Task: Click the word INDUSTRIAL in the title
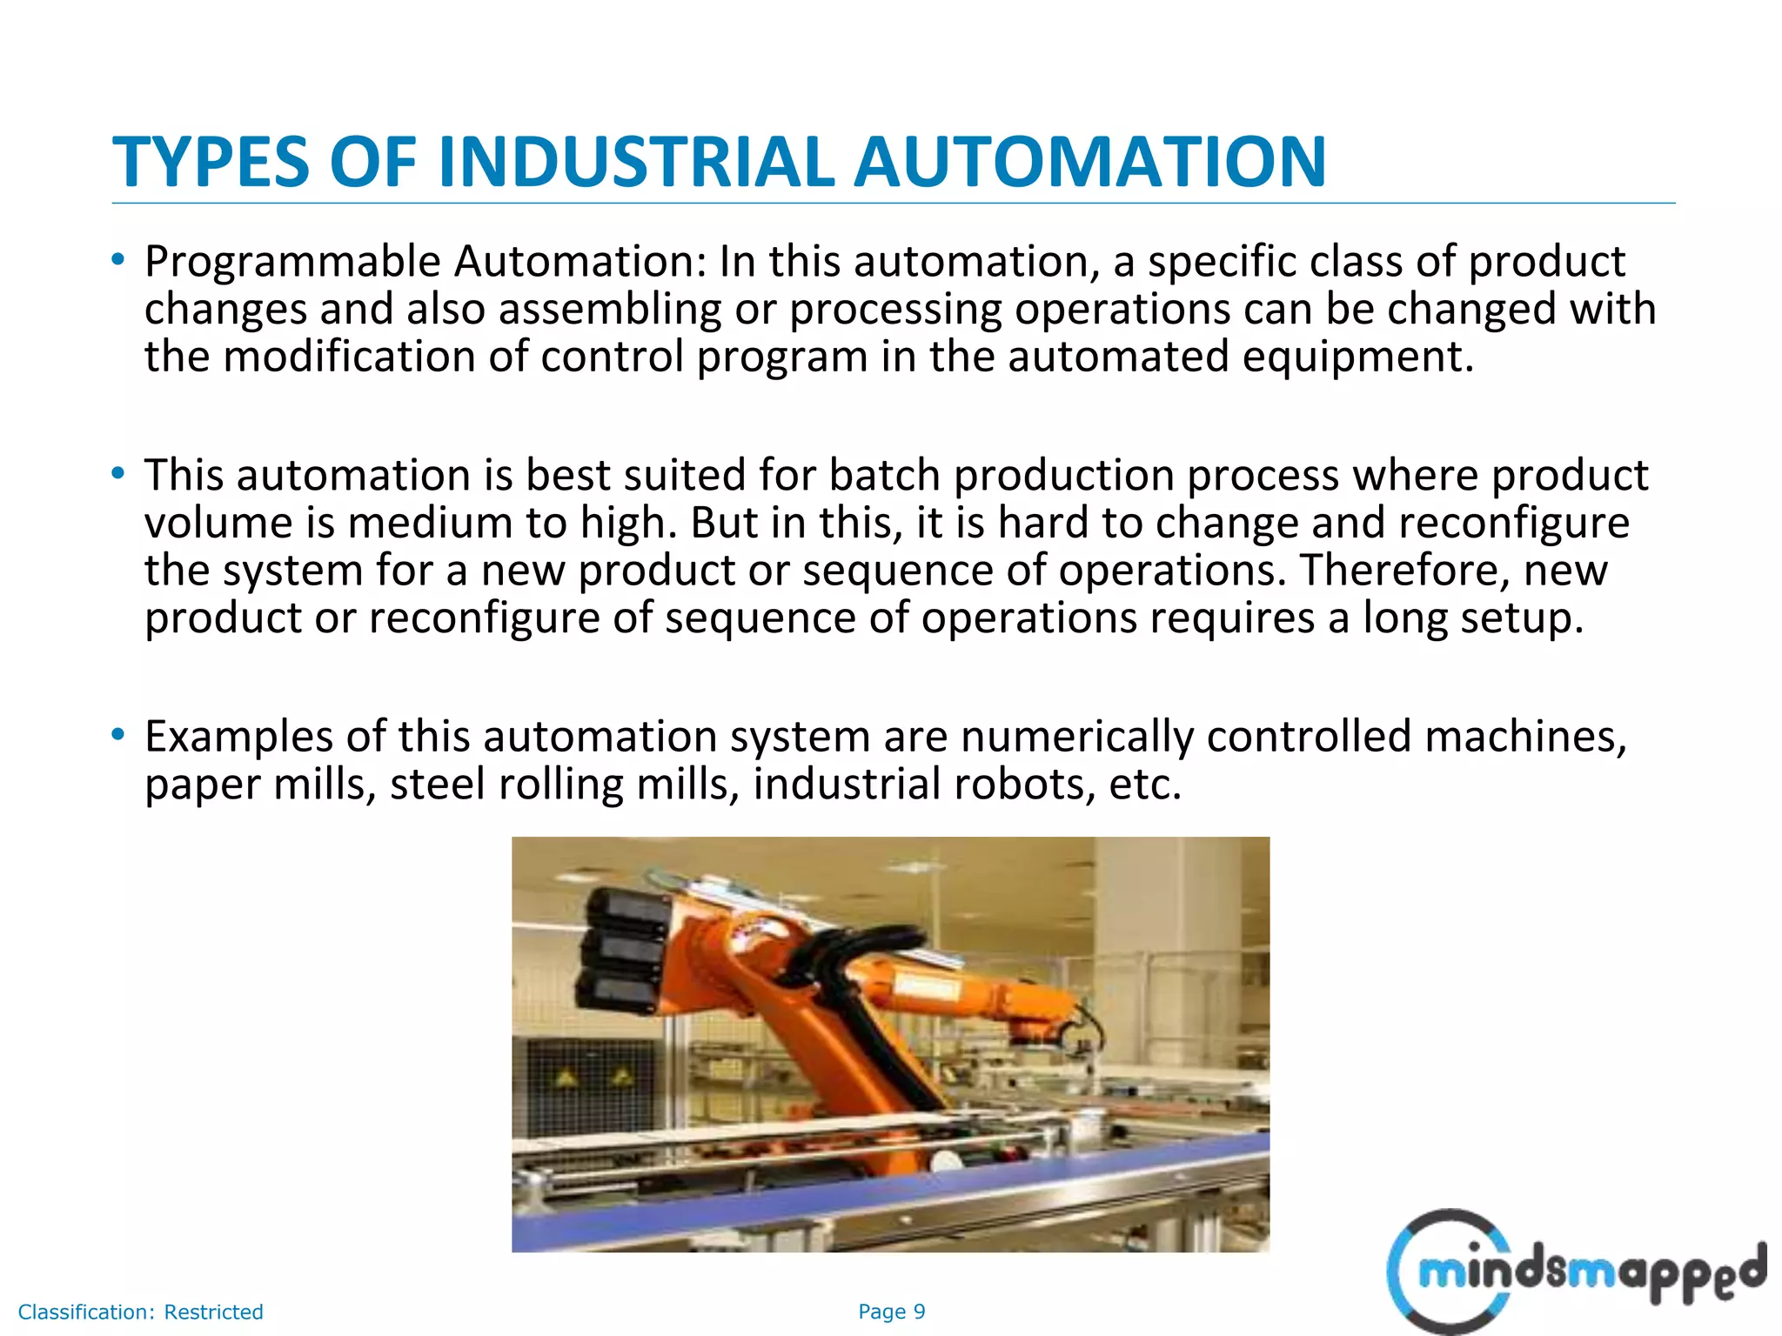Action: [636, 162]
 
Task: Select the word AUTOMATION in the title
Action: [1090, 162]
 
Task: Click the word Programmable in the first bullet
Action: [292, 263]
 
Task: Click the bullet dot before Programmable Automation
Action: [118, 259]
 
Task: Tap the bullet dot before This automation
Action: [118, 473]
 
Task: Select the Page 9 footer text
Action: [891, 1312]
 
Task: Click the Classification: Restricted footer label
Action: [140, 1312]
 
